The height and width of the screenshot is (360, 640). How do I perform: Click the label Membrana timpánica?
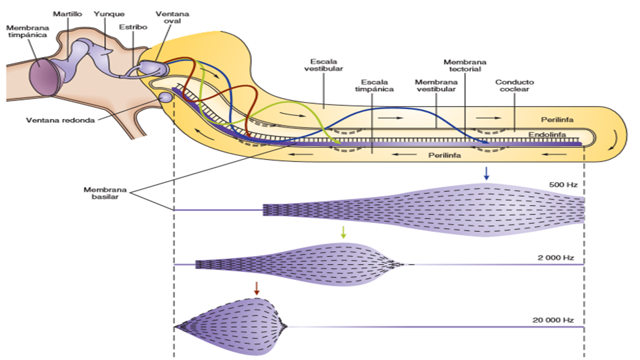(28, 32)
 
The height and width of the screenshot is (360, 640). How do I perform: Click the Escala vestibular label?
(323, 65)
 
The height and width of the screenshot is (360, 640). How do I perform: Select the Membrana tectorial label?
(465, 65)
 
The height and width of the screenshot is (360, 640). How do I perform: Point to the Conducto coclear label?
(514, 85)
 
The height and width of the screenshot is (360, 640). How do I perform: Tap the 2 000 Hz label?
(555, 258)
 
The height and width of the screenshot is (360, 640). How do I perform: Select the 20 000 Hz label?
(553, 320)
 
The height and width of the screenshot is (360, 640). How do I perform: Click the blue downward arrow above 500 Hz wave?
(485, 173)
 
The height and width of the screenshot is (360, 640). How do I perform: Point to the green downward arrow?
(343, 231)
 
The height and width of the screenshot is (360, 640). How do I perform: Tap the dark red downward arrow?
(256, 287)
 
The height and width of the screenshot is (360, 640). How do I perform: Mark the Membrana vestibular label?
(435, 85)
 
